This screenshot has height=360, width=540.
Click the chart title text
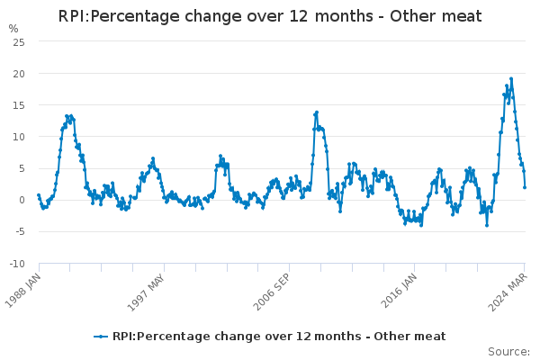tap(270, 17)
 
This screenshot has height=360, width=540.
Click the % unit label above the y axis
tap(13, 29)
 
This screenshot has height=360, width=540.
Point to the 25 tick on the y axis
tap(19, 42)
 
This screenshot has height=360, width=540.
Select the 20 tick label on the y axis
tap(19, 74)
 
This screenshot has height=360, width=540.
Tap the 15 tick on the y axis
tap(19, 105)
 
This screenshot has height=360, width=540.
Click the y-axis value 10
tap(19, 137)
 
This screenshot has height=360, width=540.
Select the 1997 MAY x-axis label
tap(149, 291)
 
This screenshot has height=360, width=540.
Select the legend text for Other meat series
tap(279, 337)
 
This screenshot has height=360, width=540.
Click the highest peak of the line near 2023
tap(511, 78)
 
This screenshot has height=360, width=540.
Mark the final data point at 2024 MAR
tap(525, 187)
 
